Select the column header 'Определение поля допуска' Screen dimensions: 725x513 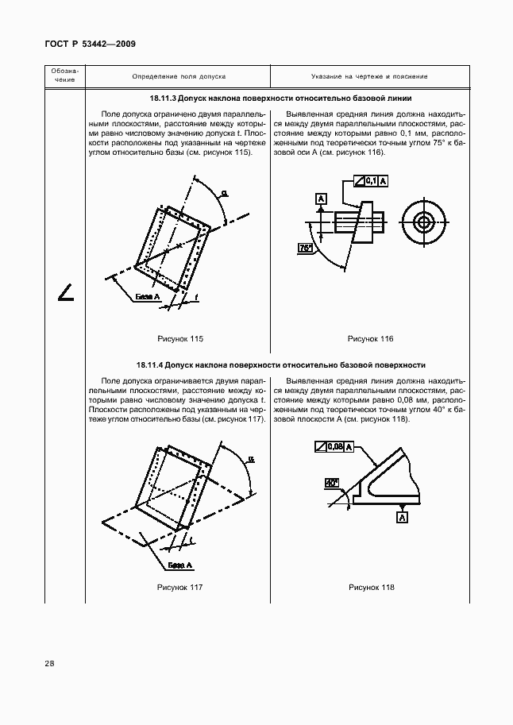(179, 76)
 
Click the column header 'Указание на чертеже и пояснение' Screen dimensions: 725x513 (369, 76)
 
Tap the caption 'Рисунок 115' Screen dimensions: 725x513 (181, 339)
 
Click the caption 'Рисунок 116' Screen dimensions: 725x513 (371, 339)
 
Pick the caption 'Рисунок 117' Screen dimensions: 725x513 (181, 587)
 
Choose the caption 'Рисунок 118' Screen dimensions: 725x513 (371, 587)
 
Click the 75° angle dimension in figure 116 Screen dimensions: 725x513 (307, 249)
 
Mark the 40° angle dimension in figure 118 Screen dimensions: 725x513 (332, 482)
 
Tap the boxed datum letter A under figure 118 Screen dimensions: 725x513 (403, 518)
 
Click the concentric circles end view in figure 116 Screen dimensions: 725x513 (425, 222)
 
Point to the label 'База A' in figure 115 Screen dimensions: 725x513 (148, 296)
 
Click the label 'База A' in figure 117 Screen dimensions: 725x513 (180, 565)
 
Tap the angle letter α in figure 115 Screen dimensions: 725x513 (224, 192)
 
